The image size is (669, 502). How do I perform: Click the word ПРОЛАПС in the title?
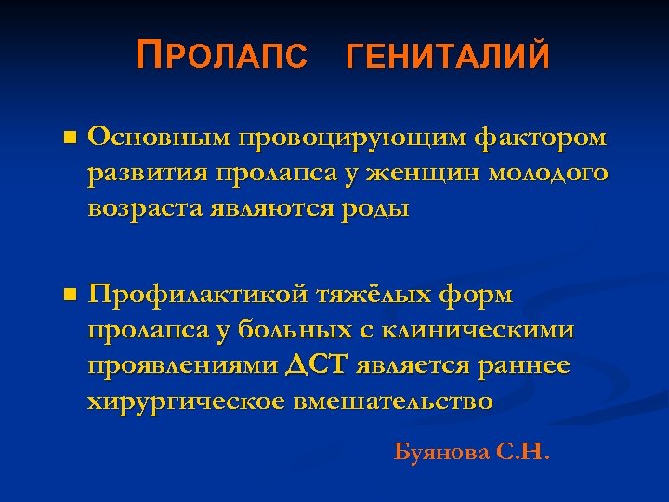pos(220,58)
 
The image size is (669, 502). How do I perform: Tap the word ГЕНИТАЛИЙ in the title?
pos(447,58)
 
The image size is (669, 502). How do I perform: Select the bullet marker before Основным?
pos(67,139)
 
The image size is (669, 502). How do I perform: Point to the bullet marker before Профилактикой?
pos(67,296)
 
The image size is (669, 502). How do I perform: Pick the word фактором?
pos(541,139)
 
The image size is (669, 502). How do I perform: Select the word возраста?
pos(148,207)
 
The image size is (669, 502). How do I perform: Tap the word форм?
pos(480,296)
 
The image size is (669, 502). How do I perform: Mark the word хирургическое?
pos(185,401)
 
